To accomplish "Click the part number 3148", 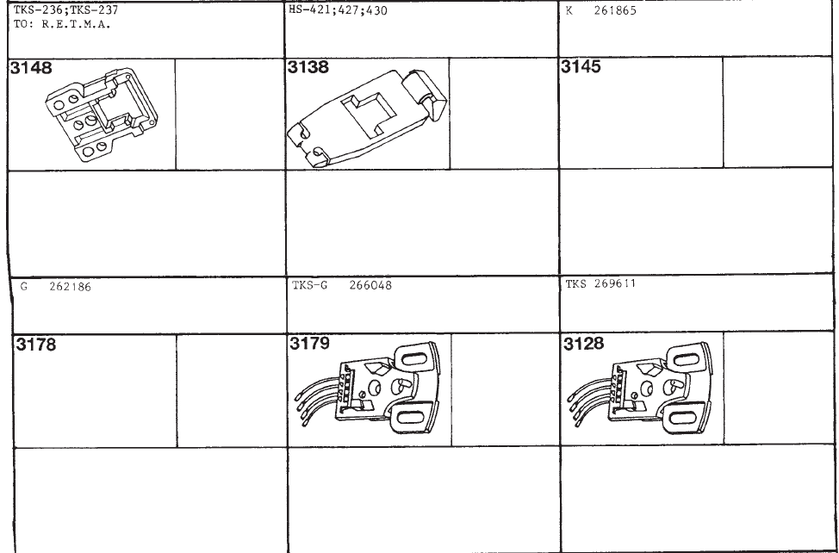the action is coord(32,68).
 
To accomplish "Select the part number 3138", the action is coord(308,67).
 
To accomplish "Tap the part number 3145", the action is coord(581,66).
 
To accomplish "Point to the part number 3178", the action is coord(35,345).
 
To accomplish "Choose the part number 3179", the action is coord(310,343).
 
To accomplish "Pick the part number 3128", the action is coord(584,344).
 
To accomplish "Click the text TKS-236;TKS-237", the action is coord(65,9).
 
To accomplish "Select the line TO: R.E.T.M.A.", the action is coord(62,24).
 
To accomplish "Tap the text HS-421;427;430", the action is coord(338,10).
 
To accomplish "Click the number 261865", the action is coord(615,10).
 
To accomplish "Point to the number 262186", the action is coord(70,287).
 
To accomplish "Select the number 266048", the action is coord(370,285).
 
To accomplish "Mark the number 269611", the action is coord(615,283).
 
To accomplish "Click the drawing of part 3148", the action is coord(102,115).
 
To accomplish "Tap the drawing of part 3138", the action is coord(367,119).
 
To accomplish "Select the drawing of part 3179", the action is coord(368,388).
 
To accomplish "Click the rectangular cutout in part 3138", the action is coord(370,114).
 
